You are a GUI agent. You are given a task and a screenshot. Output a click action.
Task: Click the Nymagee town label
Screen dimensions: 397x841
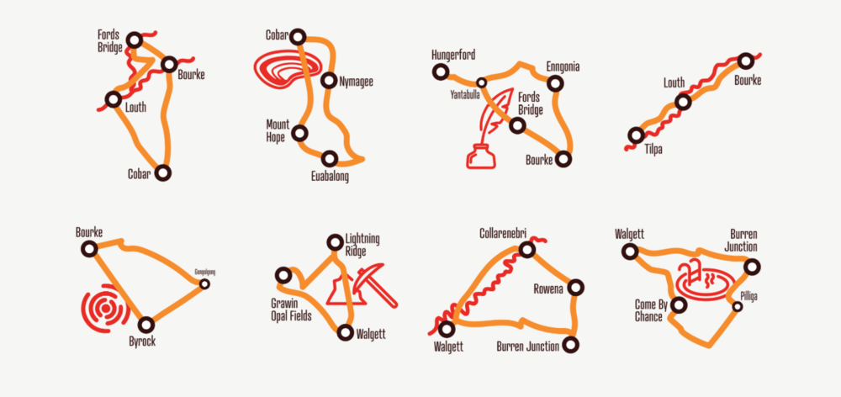[356, 82]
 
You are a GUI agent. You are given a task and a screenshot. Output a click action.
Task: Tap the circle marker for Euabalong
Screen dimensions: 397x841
[330, 158]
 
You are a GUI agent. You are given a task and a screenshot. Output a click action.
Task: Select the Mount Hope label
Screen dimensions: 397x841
[278, 130]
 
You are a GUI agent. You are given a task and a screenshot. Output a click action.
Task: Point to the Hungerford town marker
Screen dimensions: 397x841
[439, 72]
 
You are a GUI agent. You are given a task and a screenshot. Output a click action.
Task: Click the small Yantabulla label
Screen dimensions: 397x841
[464, 95]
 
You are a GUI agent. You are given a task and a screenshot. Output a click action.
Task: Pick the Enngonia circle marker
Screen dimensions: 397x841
[554, 82]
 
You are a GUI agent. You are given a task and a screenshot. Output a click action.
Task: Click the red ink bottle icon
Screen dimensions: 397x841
[479, 156]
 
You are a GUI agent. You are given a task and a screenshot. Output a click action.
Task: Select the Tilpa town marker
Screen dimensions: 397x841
[637, 135]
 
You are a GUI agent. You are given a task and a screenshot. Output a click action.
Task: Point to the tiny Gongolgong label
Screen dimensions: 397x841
[205, 273]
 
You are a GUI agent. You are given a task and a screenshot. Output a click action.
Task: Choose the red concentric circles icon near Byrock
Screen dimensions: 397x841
[103, 310]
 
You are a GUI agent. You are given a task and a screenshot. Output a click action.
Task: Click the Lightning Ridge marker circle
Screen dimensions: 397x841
[335, 243]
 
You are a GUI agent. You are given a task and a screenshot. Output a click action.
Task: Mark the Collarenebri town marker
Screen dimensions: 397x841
[527, 249]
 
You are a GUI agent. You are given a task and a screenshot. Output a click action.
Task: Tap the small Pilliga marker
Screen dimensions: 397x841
[738, 307]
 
